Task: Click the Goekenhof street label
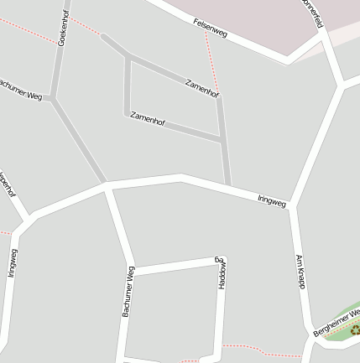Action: (63, 28)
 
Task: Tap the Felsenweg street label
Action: (210, 28)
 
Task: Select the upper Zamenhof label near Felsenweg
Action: (202, 88)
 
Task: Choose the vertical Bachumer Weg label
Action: (128, 291)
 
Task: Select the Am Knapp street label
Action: (300, 272)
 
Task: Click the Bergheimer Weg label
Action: (337, 323)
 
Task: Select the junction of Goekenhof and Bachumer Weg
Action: (53, 98)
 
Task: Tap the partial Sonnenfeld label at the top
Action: (312, 13)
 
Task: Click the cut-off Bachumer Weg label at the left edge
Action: (20, 91)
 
